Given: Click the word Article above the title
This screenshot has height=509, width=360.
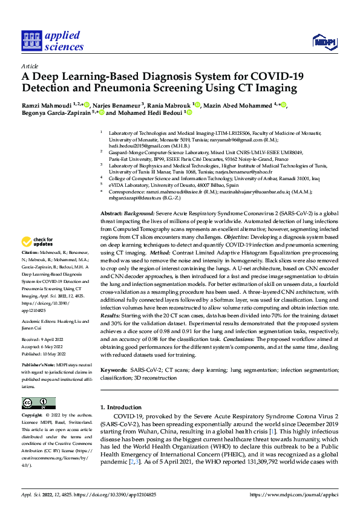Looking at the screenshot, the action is (30, 66).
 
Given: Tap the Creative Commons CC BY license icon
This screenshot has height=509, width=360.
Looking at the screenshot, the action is (38, 404).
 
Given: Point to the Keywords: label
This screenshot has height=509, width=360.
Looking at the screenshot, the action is (114, 369).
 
